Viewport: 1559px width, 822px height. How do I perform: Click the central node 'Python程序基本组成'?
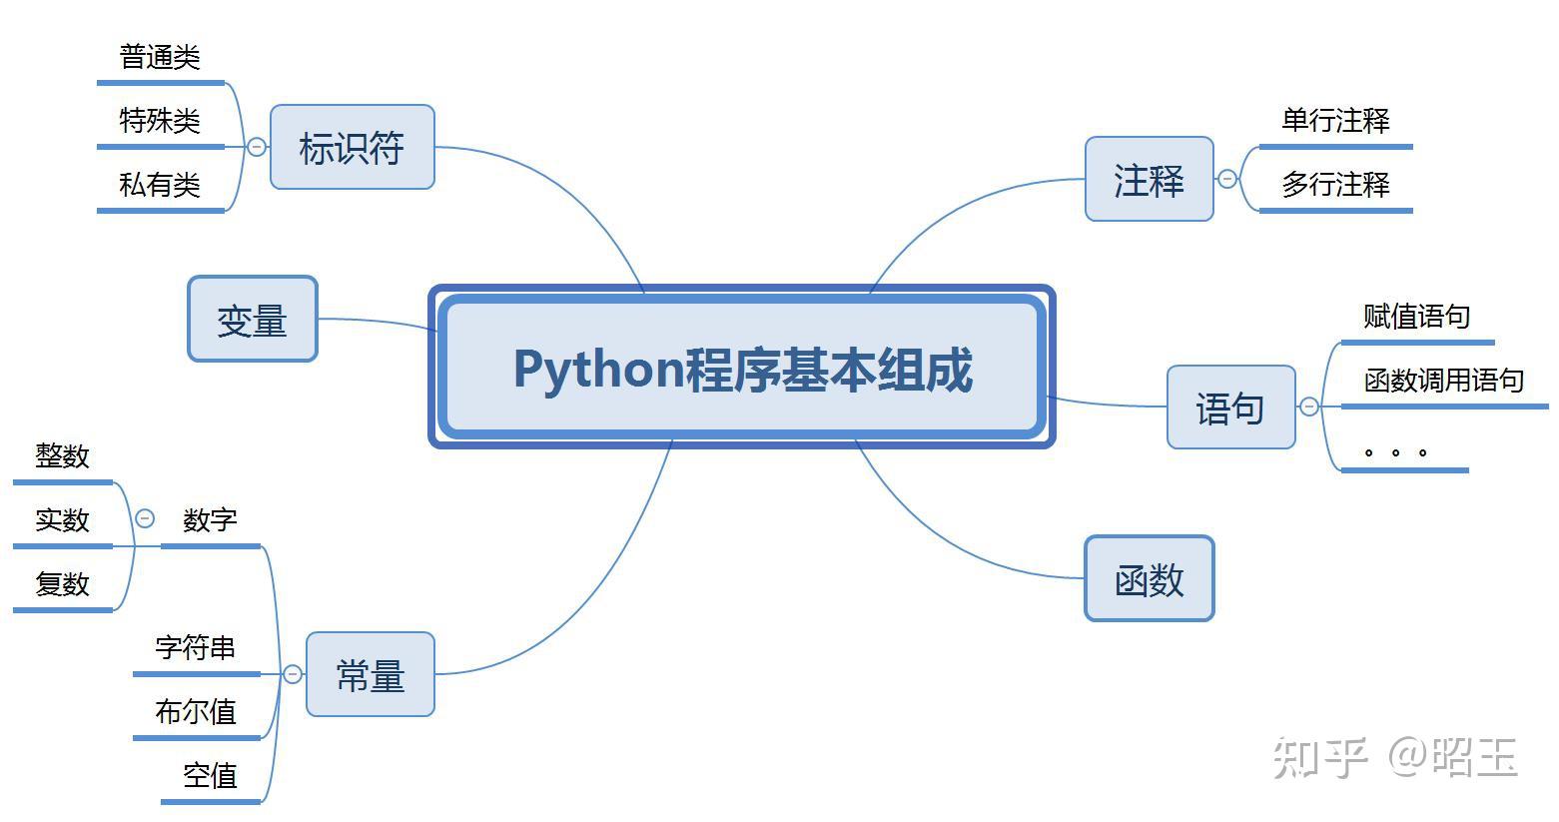pyautogui.click(x=742, y=367)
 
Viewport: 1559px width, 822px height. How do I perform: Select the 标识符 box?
pyautogui.click(x=353, y=147)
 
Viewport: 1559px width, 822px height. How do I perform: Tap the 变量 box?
pyautogui.click(x=253, y=319)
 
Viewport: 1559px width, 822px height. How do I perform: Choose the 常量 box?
pyautogui.click(x=371, y=674)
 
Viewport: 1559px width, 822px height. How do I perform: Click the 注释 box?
pyautogui.click(x=1150, y=179)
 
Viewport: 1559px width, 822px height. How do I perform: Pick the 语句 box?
pyautogui.click(x=1230, y=407)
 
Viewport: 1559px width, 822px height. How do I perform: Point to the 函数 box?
pyautogui.click(x=1150, y=577)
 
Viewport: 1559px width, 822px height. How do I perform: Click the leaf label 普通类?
pyautogui.click(x=160, y=57)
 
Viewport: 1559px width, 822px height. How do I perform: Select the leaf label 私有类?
pyautogui.click(x=160, y=185)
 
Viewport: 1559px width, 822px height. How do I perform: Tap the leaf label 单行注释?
pyautogui.click(x=1335, y=121)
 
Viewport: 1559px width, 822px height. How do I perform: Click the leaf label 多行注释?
pyautogui.click(x=1335, y=185)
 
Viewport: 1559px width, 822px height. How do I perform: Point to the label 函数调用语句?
pyautogui.click(x=1444, y=380)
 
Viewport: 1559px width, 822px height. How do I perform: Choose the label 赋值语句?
pyautogui.click(x=1417, y=316)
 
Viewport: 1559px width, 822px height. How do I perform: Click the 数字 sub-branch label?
pyautogui.click(x=210, y=520)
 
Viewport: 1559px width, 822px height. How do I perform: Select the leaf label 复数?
pyautogui.click(x=63, y=584)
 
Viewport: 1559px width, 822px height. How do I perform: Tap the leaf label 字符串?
pyautogui.click(x=196, y=648)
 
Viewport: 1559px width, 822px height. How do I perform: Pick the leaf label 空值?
pyautogui.click(x=210, y=775)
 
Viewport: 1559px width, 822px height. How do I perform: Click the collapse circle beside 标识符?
pyautogui.click(x=257, y=147)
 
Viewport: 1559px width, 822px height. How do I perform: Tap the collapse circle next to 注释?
pyautogui.click(x=1227, y=179)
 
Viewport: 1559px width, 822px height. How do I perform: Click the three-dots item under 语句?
pyautogui.click(x=1395, y=452)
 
